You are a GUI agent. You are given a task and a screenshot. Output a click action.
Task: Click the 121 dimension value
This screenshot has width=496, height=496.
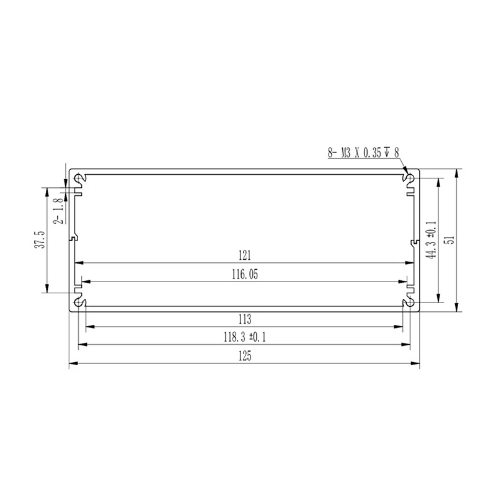[x=244, y=255]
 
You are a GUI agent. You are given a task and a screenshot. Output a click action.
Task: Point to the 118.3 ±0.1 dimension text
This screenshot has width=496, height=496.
[x=244, y=337]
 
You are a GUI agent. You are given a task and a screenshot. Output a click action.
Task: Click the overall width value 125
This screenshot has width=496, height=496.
[x=244, y=356]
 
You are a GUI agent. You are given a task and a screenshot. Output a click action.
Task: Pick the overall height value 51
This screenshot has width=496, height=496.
[x=451, y=239]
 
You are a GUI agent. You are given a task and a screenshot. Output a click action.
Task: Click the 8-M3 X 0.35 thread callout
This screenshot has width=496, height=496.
[x=363, y=152]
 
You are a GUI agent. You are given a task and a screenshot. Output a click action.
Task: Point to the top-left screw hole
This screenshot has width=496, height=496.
[x=79, y=179]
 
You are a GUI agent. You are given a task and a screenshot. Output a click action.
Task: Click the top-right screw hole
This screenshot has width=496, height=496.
[x=409, y=179]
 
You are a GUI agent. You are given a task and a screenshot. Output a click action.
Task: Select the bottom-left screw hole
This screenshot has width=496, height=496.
[x=79, y=301]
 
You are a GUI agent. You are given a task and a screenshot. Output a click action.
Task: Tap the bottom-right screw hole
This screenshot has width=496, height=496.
[x=409, y=301]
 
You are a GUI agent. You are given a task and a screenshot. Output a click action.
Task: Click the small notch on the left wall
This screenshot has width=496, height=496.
[x=73, y=237]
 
